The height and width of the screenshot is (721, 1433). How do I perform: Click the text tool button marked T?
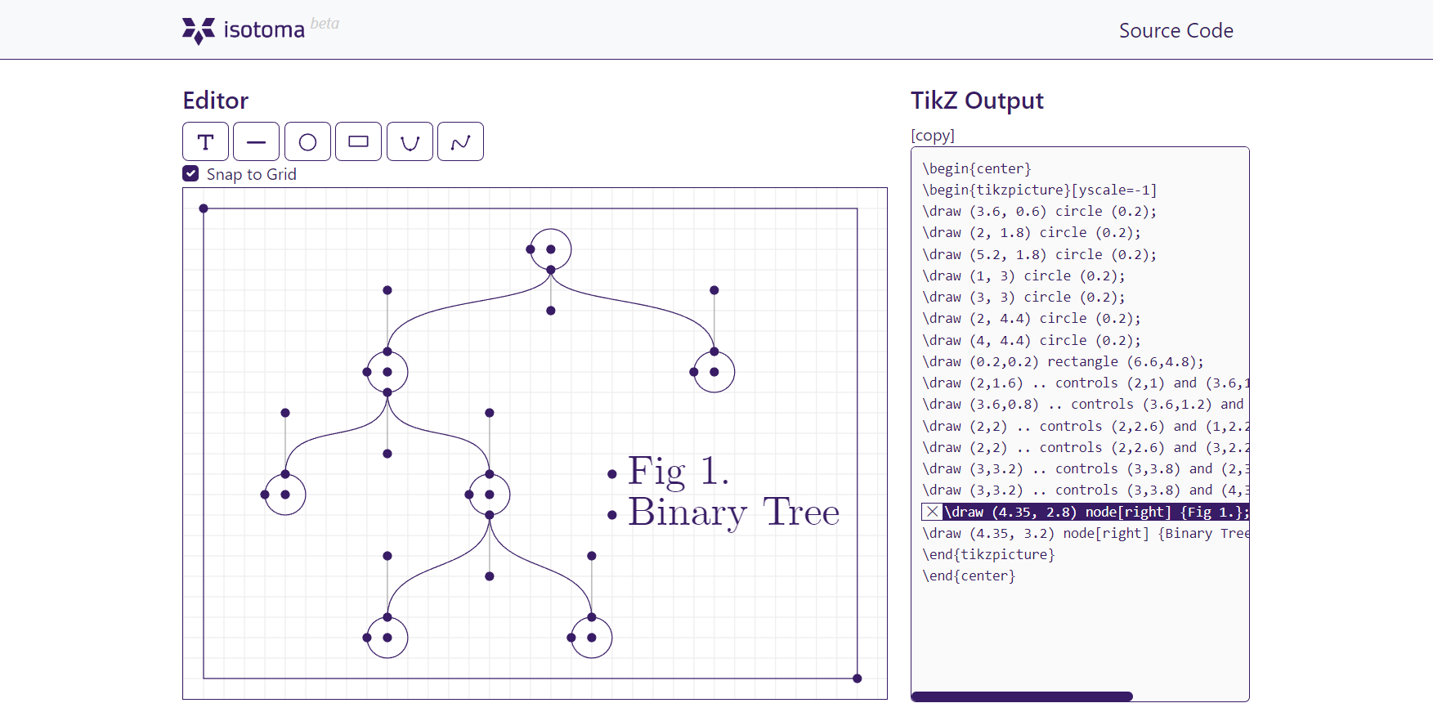tap(205, 141)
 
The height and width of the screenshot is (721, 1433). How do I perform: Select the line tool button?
tap(256, 141)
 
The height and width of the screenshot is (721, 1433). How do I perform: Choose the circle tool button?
tap(307, 141)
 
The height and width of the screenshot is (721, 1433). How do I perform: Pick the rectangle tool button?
tap(358, 141)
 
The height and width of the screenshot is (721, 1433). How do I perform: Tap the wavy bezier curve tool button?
tap(460, 141)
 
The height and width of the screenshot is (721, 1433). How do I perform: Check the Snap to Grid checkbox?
tap(190, 173)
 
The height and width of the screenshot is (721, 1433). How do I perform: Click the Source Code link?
tap(1176, 30)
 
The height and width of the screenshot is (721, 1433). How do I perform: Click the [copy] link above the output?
tap(933, 135)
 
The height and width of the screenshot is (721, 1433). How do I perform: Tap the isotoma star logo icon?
tap(198, 30)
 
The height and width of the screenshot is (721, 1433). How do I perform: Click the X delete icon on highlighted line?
tap(932, 512)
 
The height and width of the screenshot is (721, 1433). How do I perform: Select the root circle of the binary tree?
tap(551, 249)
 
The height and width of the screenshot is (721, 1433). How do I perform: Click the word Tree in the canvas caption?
tap(801, 513)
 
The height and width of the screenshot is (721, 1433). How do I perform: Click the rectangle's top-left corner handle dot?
tap(204, 208)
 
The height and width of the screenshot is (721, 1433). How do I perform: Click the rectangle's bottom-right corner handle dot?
tap(857, 678)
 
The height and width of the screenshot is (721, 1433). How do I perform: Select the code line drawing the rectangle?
tap(1063, 361)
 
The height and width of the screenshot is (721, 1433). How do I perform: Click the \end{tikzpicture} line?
tap(988, 554)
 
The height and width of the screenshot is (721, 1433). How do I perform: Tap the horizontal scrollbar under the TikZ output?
tap(1022, 696)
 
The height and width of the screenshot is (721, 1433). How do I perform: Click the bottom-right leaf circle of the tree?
tap(592, 638)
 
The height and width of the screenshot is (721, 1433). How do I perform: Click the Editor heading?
tap(215, 101)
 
